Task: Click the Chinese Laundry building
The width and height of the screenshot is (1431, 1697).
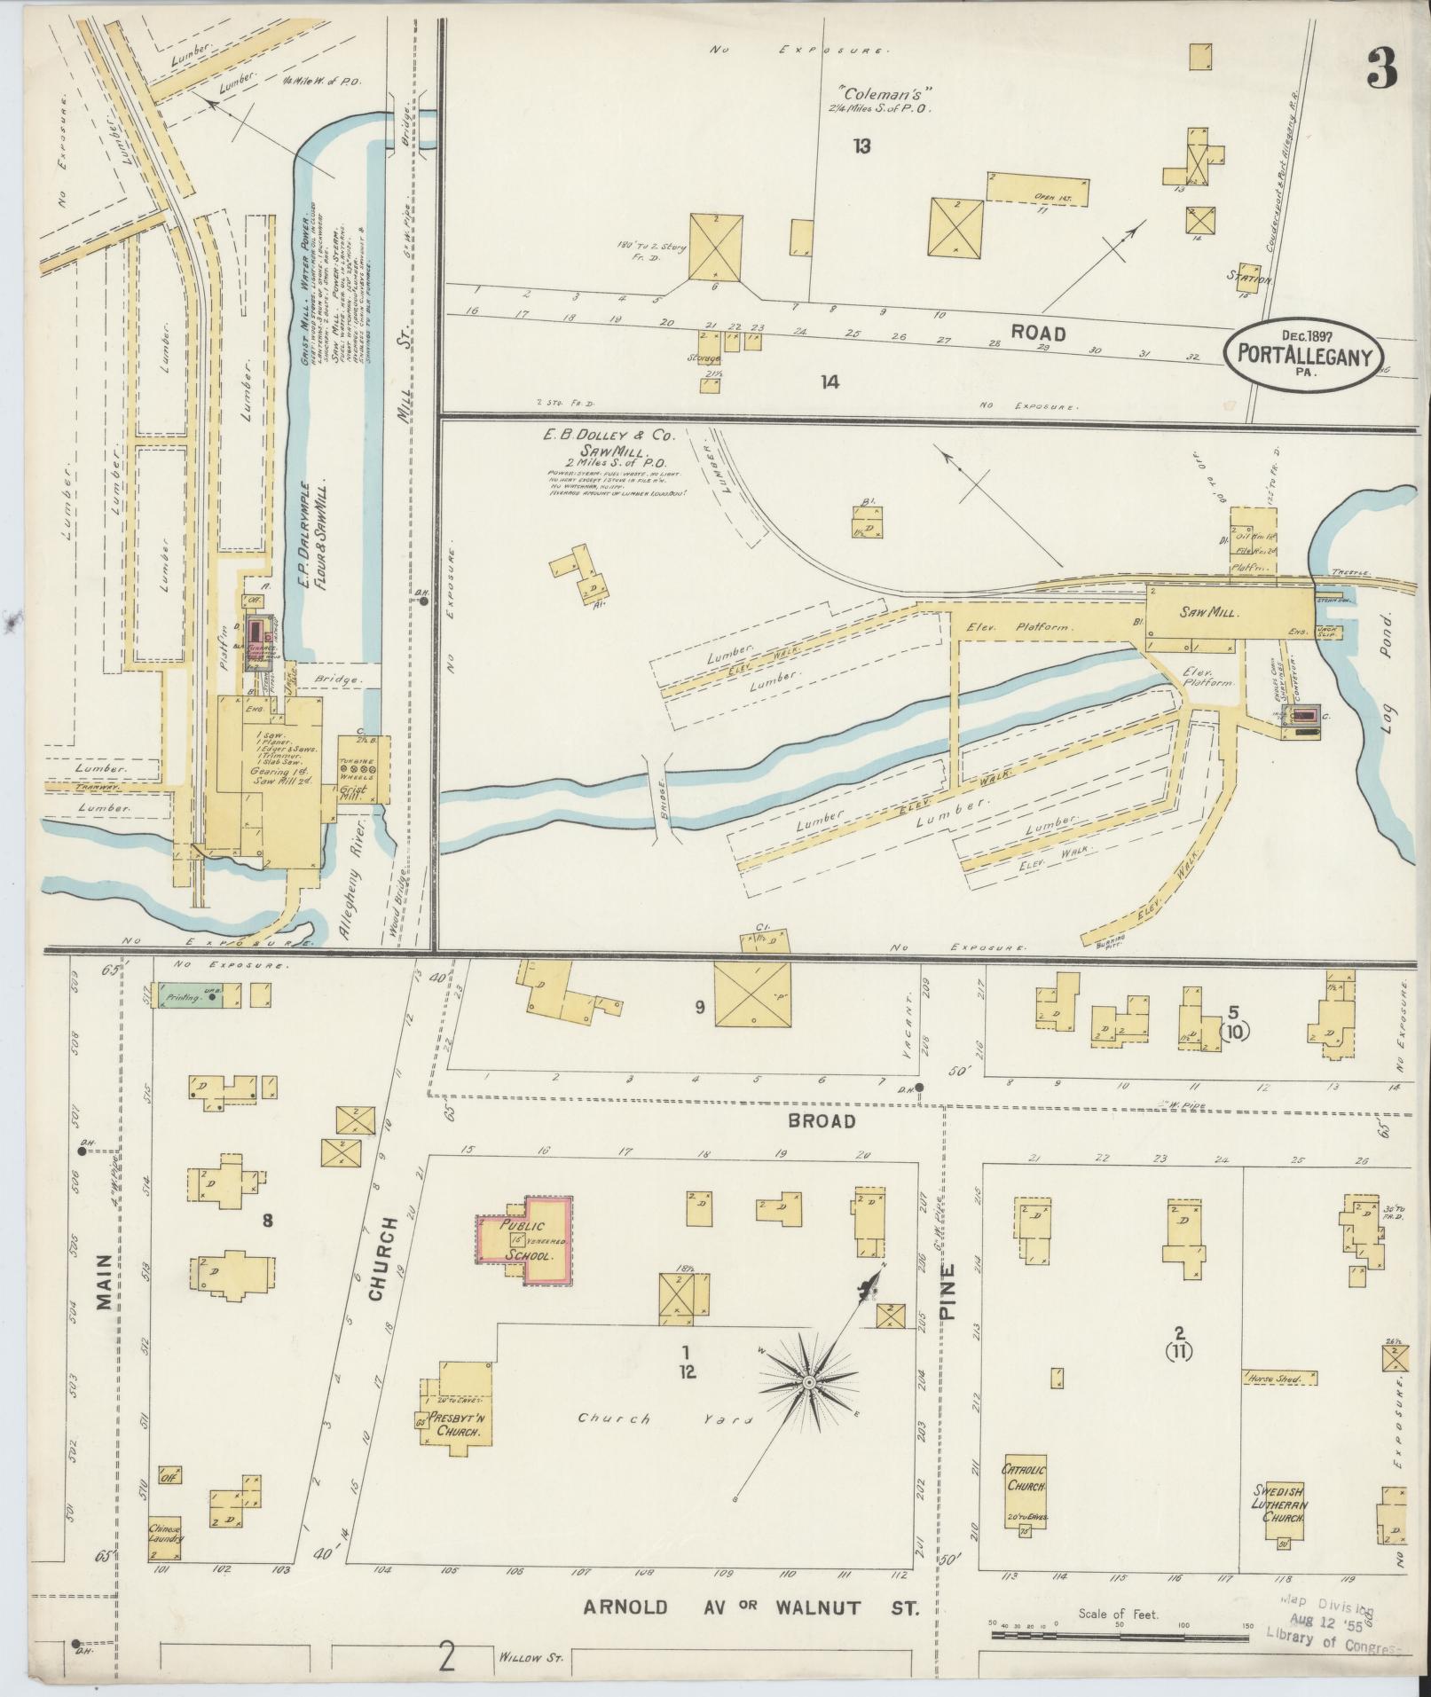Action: point(165,1538)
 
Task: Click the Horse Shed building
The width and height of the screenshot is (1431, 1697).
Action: point(1278,1378)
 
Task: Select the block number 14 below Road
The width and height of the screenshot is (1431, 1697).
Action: point(830,382)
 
